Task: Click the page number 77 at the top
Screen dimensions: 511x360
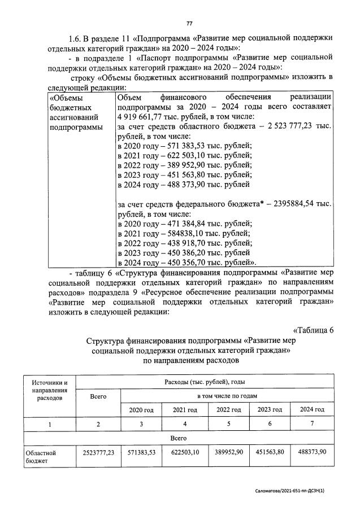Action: (x=189, y=23)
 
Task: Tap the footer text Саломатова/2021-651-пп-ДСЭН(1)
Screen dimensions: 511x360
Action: (x=289, y=491)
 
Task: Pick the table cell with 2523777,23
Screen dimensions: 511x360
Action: (x=98, y=452)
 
